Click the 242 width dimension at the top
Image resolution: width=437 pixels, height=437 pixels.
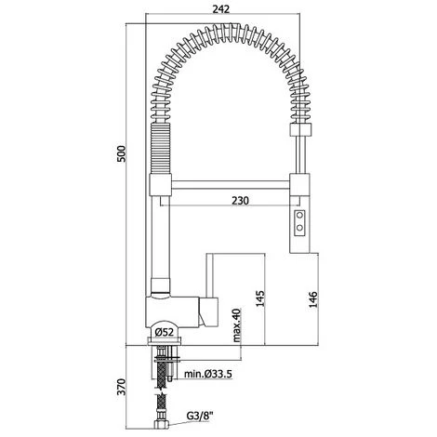coord(221,9)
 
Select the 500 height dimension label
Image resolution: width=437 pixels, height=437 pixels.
coord(121,153)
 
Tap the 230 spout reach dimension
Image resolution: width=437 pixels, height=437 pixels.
coord(240,201)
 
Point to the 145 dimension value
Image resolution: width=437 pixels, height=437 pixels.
coord(260,298)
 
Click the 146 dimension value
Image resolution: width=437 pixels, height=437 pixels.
coord(313,299)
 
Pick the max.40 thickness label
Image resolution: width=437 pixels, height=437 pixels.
coord(236,324)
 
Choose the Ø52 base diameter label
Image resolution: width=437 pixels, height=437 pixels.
coord(164,332)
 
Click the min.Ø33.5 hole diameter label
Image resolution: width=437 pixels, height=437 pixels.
coord(208,374)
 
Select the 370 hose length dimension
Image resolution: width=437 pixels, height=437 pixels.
coord(121,387)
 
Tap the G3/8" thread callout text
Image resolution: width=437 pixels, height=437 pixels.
coord(200,416)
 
